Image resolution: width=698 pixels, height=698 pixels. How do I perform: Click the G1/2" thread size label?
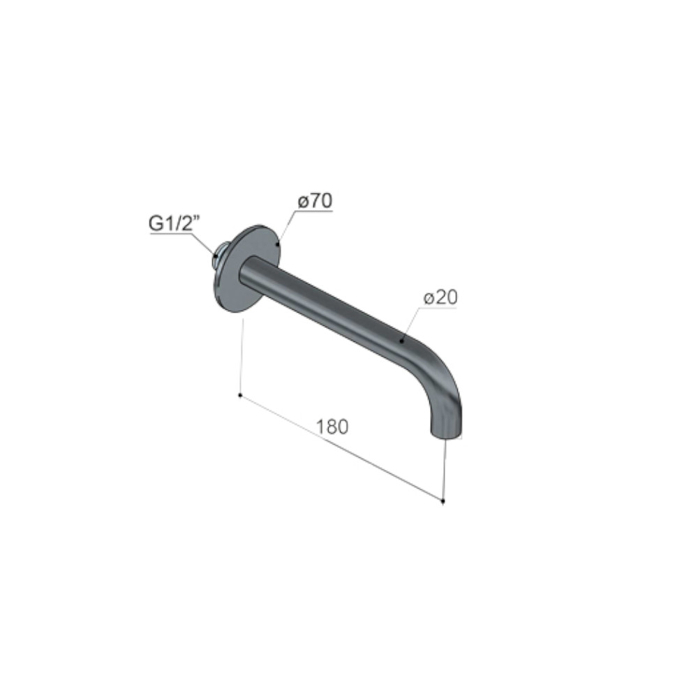[172, 224]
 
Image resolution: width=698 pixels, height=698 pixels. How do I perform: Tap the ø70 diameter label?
[315, 201]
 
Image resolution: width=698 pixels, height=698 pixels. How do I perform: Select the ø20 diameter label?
[440, 298]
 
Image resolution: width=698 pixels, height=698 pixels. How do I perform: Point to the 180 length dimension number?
[332, 427]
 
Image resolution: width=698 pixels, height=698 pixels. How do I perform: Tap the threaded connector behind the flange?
[221, 258]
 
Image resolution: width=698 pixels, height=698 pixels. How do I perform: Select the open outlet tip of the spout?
[447, 433]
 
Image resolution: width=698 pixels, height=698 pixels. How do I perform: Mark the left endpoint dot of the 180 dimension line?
[240, 395]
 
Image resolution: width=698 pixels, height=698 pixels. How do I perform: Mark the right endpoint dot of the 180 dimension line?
[443, 501]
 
